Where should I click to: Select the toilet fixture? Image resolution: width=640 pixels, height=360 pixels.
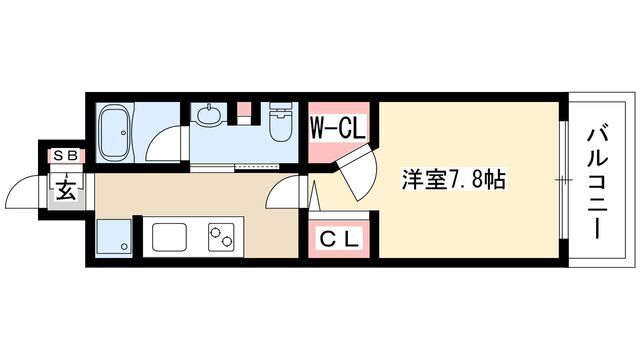pos(281,121)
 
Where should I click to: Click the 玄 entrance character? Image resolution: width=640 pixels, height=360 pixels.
pos(65,190)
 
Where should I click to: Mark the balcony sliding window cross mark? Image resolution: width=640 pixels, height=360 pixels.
pos(564,180)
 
